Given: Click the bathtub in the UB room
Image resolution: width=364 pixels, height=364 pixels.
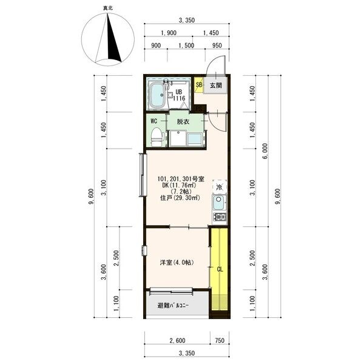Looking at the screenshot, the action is [158, 95].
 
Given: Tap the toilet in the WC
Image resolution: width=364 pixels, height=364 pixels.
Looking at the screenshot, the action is [157, 136].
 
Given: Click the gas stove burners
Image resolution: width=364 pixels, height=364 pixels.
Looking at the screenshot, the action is [220, 217].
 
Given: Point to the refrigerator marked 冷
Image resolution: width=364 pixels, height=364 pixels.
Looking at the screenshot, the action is [220, 186].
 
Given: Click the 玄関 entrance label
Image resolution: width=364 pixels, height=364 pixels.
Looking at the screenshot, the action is [216, 86].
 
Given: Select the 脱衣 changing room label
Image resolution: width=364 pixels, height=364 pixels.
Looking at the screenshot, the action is [183, 122].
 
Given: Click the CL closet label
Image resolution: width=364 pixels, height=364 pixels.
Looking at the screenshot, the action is [220, 269].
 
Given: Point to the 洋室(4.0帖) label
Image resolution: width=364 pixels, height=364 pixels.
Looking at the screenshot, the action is [177, 263].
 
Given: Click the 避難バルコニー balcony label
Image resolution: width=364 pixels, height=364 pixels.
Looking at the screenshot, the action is [173, 306].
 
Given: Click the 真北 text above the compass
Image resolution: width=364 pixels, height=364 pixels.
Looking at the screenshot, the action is [108, 8].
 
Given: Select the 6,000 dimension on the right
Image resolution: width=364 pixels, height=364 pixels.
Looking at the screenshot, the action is [266, 151].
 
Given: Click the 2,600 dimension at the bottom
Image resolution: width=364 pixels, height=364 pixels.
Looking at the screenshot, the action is [178, 340].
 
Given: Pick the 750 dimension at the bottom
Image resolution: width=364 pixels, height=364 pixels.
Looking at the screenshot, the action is [220, 340].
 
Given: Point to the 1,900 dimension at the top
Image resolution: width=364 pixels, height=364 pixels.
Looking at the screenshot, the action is [169, 33].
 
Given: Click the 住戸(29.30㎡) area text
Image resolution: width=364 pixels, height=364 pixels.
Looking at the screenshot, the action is [180, 198].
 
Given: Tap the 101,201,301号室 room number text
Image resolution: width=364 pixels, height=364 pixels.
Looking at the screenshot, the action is [181, 179].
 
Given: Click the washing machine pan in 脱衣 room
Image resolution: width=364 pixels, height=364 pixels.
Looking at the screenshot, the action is [178, 138].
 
